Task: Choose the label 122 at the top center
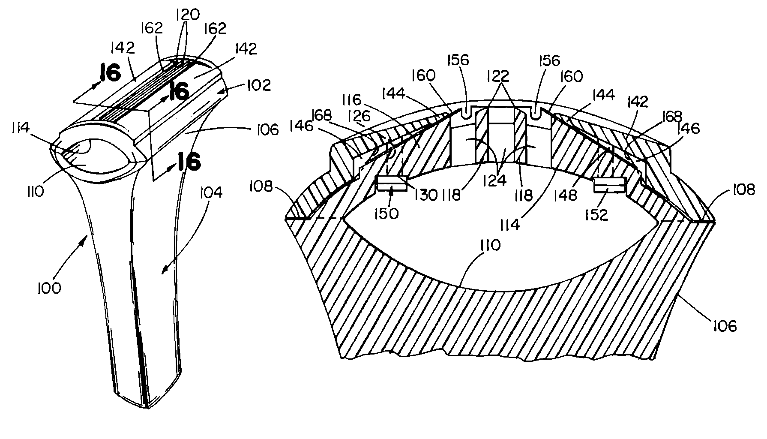tap(497, 76)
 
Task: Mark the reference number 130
tap(426, 195)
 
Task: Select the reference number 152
tap(597, 214)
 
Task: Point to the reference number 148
tap(566, 195)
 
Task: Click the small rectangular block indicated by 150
tap(391, 184)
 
